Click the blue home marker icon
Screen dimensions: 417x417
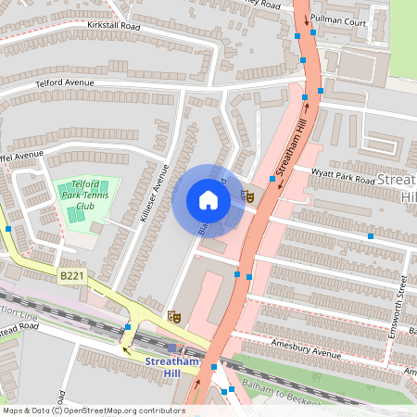[208, 200]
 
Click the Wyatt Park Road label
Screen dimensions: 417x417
[343, 176]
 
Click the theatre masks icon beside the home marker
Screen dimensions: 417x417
[247, 196]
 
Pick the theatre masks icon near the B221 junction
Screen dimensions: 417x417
[172, 316]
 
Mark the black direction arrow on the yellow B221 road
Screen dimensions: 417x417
[126, 349]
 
